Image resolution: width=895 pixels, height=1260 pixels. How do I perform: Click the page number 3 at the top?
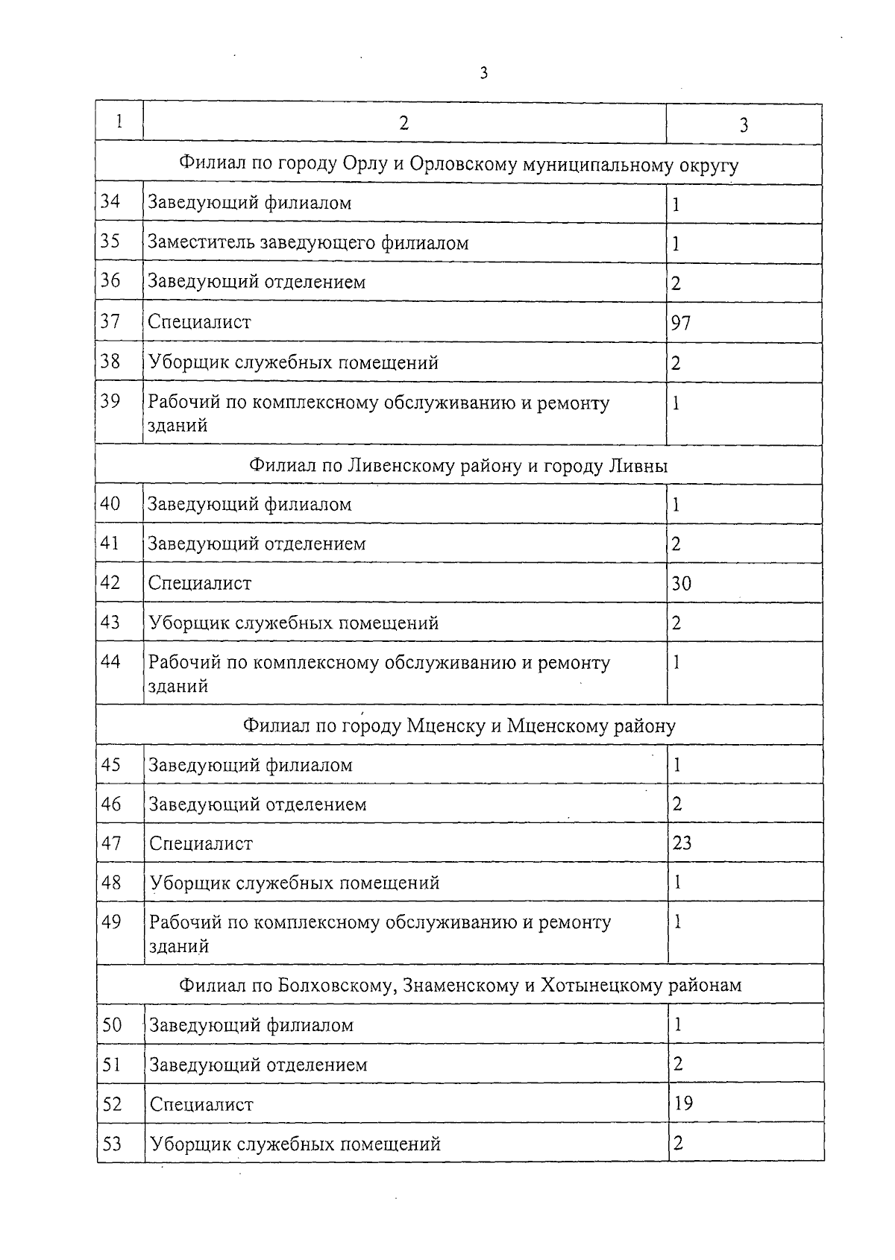(x=484, y=73)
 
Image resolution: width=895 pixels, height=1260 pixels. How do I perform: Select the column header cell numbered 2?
(x=403, y=123)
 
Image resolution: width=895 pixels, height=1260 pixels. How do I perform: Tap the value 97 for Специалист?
(x=681, y=323)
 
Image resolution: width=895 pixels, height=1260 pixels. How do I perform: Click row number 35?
(x=110, y=242)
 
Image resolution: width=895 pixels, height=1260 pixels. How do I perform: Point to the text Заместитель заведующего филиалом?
(x=308, y=243)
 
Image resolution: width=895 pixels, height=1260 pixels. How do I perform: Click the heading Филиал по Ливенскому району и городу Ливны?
(x=458, y=466)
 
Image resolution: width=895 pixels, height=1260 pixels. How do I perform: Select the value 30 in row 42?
(x=682, y=583)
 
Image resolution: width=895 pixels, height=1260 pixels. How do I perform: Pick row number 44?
(x=110, y=661)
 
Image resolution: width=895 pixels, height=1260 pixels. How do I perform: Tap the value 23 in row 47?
(x=682, y=843)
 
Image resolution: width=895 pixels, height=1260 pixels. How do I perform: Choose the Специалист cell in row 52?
(x=201, y=1104)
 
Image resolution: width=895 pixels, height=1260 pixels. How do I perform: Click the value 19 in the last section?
(x=683, y=1103)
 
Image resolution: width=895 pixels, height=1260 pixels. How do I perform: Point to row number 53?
(x=112, y=1144)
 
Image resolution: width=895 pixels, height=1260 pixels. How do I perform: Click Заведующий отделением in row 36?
(x=257, y=283)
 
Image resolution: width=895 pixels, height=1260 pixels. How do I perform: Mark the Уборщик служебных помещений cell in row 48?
(x=295, y=883)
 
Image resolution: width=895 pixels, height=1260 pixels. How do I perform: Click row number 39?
(x=110, y=401)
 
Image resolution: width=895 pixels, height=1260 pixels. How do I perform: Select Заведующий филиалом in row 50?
(x=251, y=1025)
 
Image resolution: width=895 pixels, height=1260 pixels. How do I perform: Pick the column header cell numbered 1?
(x=119, y=122)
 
